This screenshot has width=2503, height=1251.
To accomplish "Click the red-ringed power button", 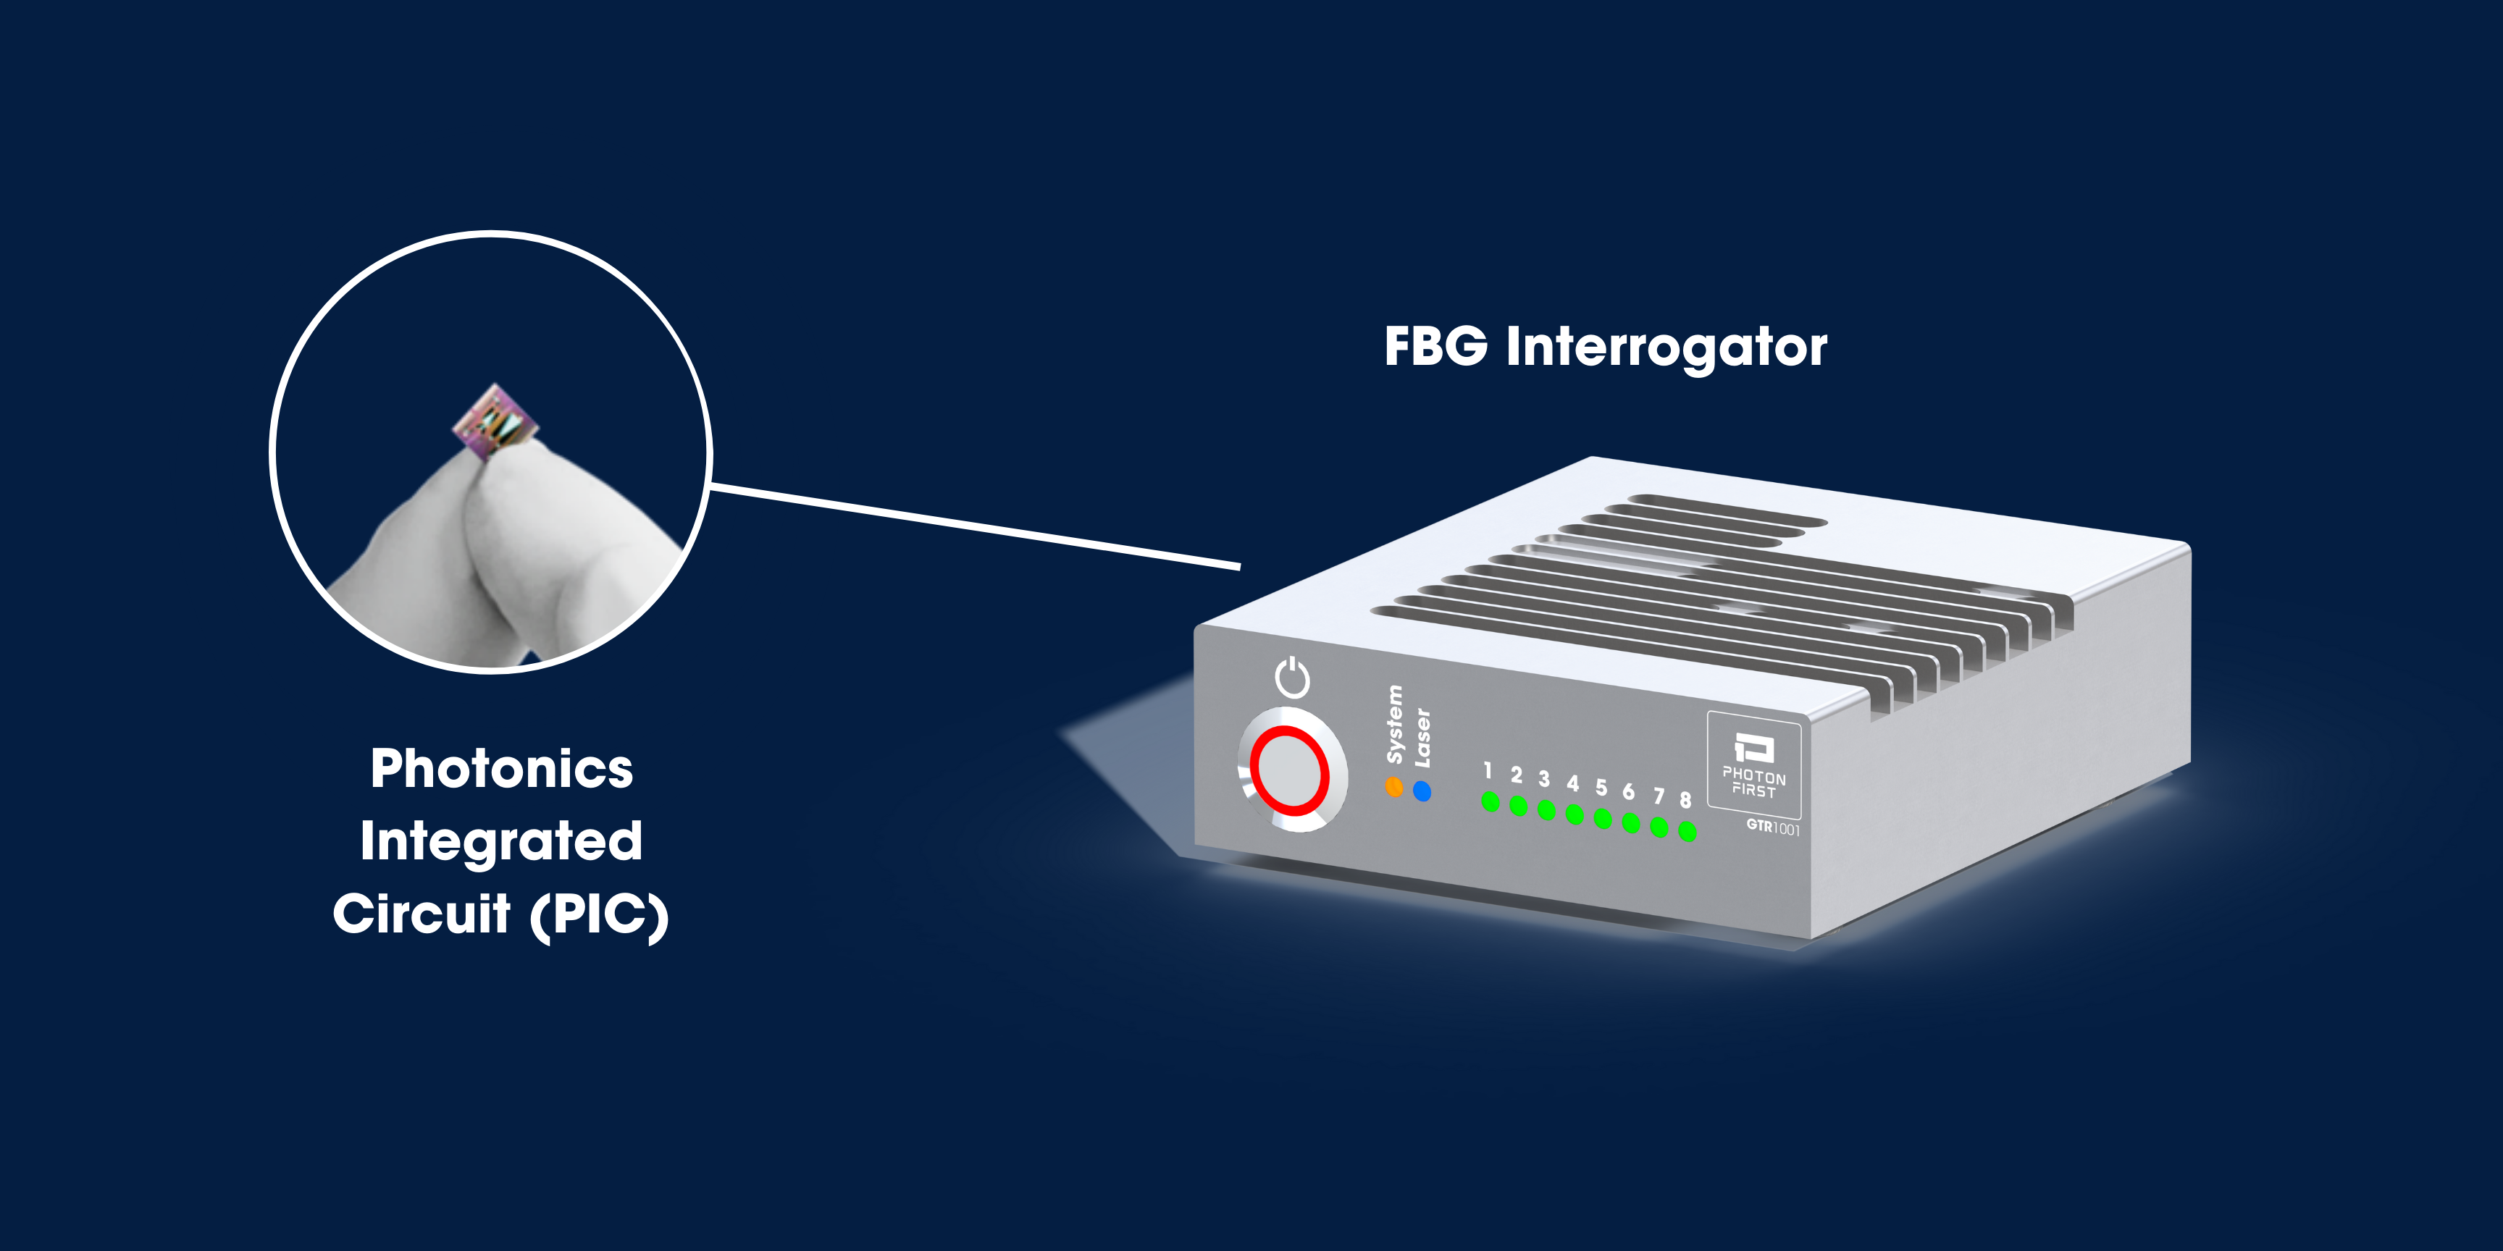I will click(x=1289, y=770).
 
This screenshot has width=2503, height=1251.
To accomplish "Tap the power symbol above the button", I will click(x=1292, y=677).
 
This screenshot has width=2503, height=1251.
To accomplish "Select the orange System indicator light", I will click(x=1393, y=787).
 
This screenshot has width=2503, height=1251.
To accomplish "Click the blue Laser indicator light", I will click(x=1422, y=791).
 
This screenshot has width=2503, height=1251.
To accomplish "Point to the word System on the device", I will click(x=1394, y=725).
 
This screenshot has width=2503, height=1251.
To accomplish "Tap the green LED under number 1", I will click(x=1490, y=801).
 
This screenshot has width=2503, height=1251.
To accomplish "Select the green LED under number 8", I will click(x=1687, y=831).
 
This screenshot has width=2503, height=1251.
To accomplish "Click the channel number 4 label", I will click(x=1572, y=783).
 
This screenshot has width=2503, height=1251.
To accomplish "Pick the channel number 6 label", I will click(x=1629, y=791).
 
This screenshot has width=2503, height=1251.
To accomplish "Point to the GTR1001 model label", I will click(x=1772, y=827).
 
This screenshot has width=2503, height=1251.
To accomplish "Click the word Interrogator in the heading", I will click(x=1666, y=347).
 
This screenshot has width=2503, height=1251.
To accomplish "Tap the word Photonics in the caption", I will click(x=501, y=770).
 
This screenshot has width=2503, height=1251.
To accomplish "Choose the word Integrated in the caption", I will click(x=501, y=841).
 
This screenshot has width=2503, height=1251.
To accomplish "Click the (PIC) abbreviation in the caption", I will click(x=600, y=915).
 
